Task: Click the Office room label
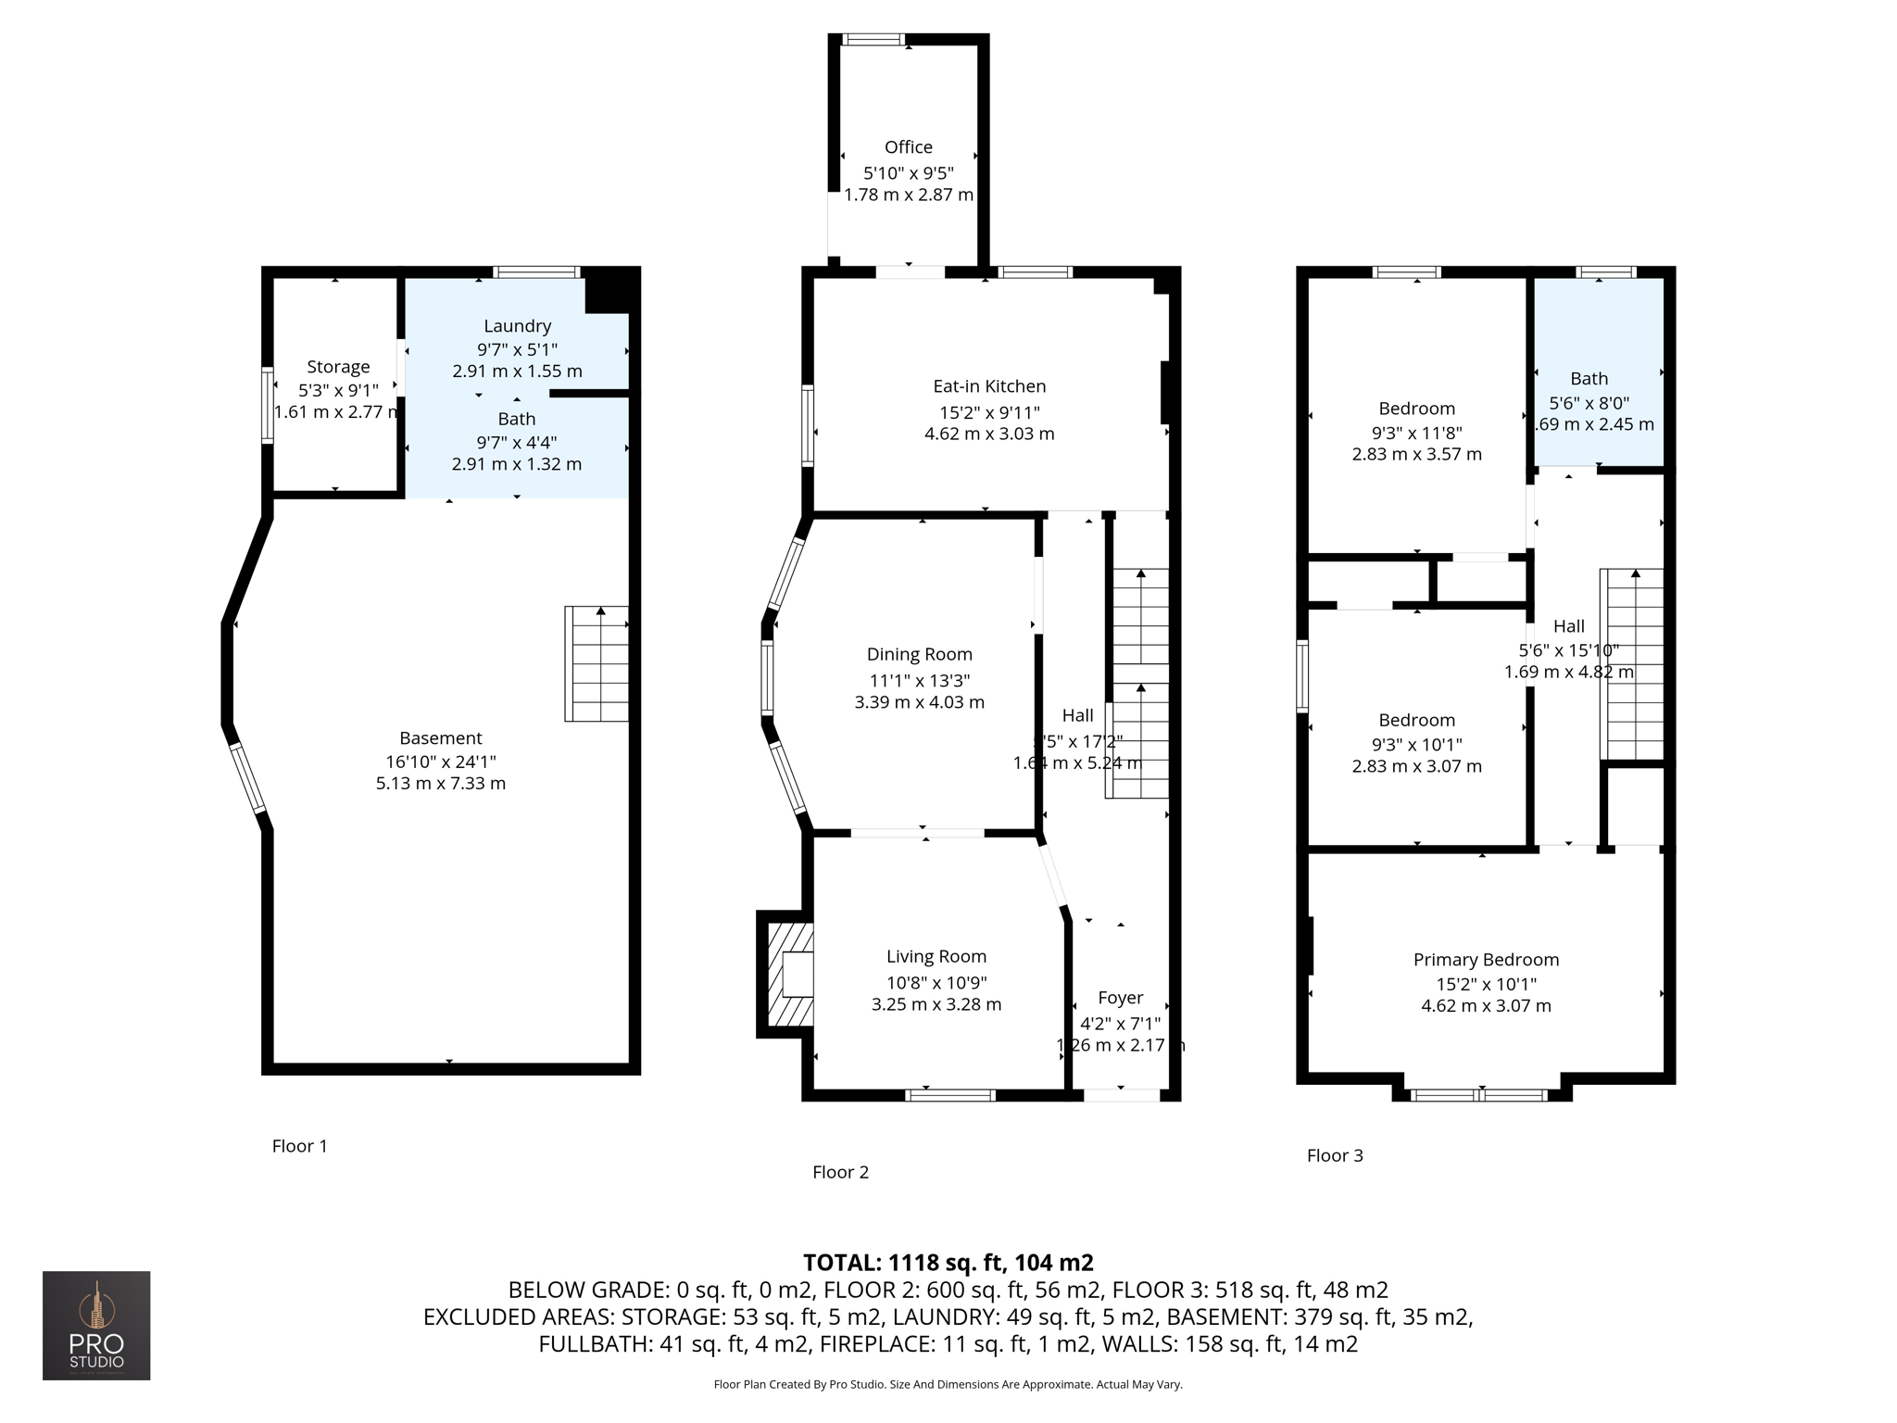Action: click(x=908, y=147)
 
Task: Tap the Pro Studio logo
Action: click(x=96, y=1326)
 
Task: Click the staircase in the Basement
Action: click(x=597, y=663)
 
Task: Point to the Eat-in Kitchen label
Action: click(x=989, y=386)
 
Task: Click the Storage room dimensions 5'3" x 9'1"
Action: click(x=338, y=391)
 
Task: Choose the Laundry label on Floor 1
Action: click(x=517, y=326)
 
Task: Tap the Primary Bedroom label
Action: click(x=1486, y=960)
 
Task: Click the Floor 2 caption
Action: click(x=840, y=1172)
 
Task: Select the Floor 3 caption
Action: click(x=1335, y=1155)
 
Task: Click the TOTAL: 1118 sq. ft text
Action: click(x=948, y=1263)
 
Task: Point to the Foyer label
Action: click(x=1120, y=998)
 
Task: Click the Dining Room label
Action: click(x=919, y=655)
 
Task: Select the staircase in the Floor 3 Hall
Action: click(x=1633, y=664)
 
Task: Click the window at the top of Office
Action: click(x=873, y=40)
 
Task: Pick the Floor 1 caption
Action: click(x=299, y=1146)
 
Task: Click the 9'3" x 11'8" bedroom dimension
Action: click(x=1416, y=433)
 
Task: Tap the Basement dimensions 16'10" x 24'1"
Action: click(x=441, y=762)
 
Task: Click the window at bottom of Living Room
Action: click(x=950, y=1095)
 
